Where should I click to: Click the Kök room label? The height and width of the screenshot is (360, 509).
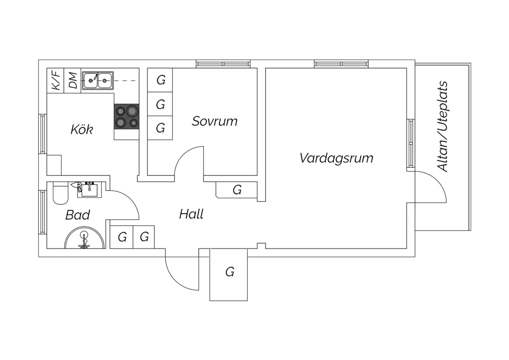tap(82, 129)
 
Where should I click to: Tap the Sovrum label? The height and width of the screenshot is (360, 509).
tap(215, 121)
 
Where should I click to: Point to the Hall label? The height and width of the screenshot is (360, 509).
tap(191, 214)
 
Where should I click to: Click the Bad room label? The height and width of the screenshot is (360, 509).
tap(78, 215)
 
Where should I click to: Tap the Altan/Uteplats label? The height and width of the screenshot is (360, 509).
tap(442, 126)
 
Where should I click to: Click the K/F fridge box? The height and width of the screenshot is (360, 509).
tap(55, 80)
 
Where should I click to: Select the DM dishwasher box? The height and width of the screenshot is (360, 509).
tap(73, 80)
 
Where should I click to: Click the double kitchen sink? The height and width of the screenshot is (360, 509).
tap(98, 80)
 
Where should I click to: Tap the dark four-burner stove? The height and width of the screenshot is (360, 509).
tap(127, 116)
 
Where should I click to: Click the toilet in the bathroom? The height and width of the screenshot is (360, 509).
tap(60, 193)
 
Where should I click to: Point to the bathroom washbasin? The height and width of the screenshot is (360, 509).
tap(90, 190)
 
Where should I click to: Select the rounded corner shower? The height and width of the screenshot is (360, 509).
tap(85, 238)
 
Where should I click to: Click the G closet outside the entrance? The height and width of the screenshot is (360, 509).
tap(229, 275)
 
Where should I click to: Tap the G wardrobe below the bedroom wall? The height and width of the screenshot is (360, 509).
tap(237, 190)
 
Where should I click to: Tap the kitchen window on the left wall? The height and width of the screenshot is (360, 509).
tap(43, 134)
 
